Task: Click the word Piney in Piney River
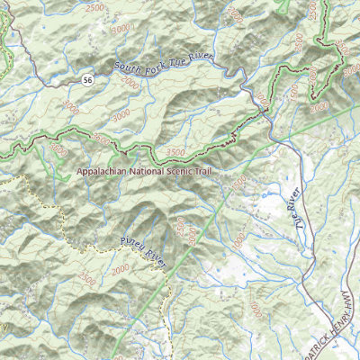(x=132, y=245)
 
